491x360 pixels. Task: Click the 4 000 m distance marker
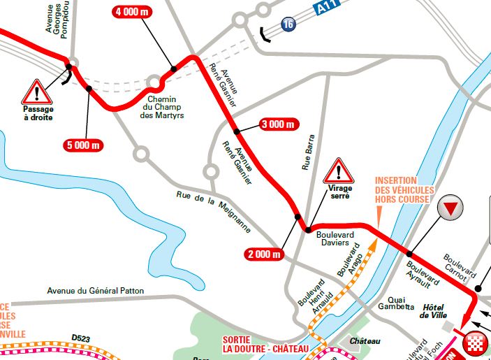pyautogui.click(x=137, y=12)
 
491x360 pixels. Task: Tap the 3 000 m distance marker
pyautogui.click(x=279, y=124)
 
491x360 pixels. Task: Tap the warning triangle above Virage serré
pyautogui.click(x=339, y=170)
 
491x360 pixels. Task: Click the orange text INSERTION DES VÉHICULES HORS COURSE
pyautogui.click(x=404, y=190)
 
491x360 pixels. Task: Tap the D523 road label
pyautogui.click(x=81, y=338)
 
